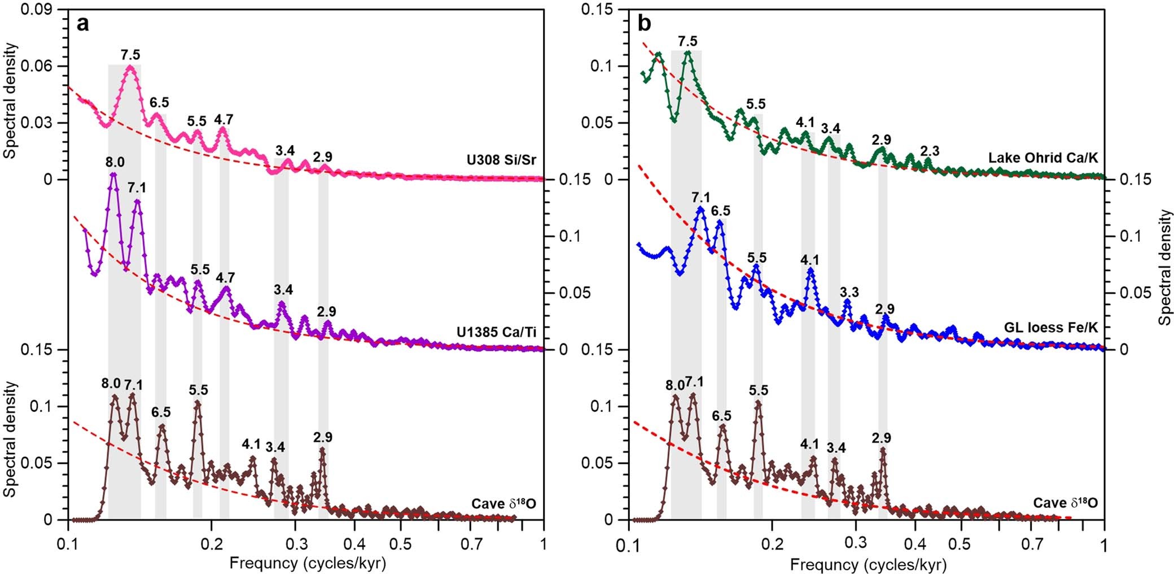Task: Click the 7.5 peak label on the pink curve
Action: [130, 55]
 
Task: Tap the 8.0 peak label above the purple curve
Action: [115, 163]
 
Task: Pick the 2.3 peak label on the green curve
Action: [930, 151]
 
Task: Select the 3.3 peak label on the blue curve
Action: [849, 292]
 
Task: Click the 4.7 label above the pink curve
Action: [224, 119]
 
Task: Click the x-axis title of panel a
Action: [308, 563]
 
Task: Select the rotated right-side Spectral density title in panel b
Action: [1164, 267]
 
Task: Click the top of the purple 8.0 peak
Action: [113, 174]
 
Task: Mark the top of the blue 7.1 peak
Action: [700, 208]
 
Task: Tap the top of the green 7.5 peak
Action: [687, 53]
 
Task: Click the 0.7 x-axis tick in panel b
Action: [1031, 544]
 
